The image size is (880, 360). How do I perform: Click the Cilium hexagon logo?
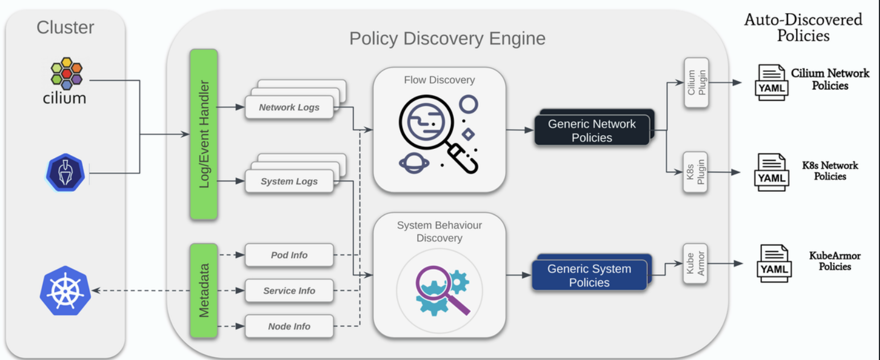[x=66, y=74]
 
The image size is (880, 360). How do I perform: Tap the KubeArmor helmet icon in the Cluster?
[x=65, y=173]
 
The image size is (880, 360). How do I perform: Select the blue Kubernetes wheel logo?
[x=65, y=290]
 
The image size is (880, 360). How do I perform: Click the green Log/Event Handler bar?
[x=204, y=134]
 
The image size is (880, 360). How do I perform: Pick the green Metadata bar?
[x=204, y=290]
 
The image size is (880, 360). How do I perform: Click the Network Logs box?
[x=289, y=107]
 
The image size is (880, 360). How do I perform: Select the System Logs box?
[x=289, y=181]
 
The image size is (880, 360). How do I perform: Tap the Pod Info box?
[x=289, y=255]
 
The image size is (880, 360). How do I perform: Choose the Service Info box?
[x=289, y=290]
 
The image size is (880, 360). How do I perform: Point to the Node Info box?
[x=289, y=326]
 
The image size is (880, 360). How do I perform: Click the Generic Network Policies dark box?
[x=592, y=130]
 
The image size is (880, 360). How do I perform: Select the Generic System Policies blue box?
[x=590, y=275]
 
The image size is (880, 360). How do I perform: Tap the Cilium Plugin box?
[x=696, y=83]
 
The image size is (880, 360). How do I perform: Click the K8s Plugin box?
[x=695, y=172]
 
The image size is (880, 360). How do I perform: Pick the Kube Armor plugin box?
[x=695, y=264]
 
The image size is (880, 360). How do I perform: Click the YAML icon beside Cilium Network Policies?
[x=772, y=83]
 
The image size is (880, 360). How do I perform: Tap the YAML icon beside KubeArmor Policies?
[x=774, y=264]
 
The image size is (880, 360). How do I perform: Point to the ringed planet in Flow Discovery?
[x=414, y=163]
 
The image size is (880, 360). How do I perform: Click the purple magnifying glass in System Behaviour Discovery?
[x=442, y=289]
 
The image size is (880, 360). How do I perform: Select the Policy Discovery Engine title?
[x=447, y=38]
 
